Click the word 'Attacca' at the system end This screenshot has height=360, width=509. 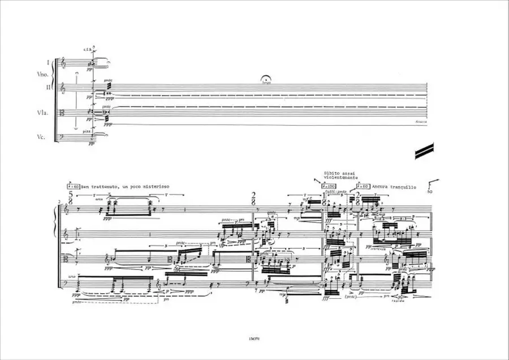point(420,122)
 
